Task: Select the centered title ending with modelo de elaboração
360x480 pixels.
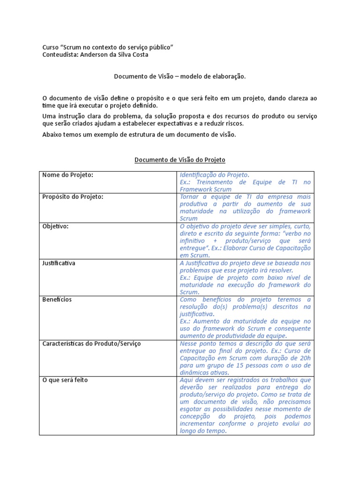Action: pos(180,75)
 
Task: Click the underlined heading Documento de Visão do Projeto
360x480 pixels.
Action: pos(180,160)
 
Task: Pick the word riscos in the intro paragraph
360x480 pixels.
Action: pos(233,124)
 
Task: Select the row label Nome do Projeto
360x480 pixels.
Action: pos(68,175)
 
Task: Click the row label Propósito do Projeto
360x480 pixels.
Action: pos(73,197)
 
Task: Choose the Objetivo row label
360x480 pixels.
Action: pos(55,226)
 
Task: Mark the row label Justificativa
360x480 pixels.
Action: pos(59,263)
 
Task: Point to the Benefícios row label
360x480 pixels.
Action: pos(57,300)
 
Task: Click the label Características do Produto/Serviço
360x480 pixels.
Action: pos(91,344)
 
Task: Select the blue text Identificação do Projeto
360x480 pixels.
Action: pos(214,175)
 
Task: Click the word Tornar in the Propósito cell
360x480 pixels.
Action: pos(189,197)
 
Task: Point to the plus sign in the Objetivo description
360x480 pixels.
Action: pos(226,240)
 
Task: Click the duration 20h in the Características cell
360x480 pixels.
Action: pos(305,358)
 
